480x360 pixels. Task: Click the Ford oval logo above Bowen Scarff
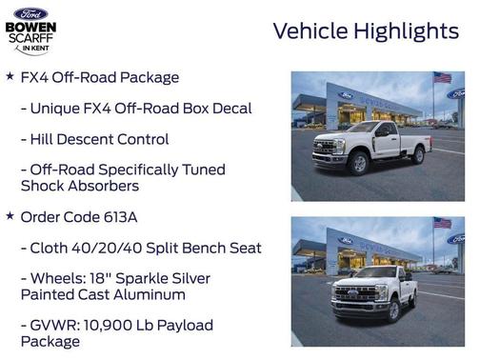tap(30, 13)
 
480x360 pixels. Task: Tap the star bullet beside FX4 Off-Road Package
tap(10, 76)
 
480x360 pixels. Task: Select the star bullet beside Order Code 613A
tap(10, 216)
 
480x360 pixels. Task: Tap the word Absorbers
tap(106, 186)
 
